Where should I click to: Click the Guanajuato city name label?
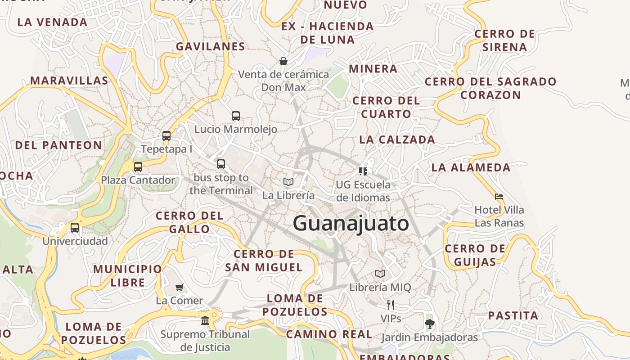tap(351, 223)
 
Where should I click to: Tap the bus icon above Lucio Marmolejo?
tap(236, 116)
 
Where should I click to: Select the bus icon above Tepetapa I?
tap(166, 135)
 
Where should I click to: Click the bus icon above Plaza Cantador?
tap(138, 167)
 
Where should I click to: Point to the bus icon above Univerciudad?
tap(75, 228)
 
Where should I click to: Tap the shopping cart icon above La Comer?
tap(180, 287)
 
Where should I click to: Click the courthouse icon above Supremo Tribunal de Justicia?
tap(205, 321)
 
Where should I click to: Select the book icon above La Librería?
tap(288, 182)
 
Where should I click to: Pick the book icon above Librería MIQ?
tap(380, 274)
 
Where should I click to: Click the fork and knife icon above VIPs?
tap(391, 305)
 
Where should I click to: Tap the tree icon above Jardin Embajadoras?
tap(430, 324)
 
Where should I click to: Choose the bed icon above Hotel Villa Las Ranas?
tap(499, 197)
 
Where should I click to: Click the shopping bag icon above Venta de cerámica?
tap(283, 61)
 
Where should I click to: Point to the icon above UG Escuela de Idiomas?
tap(363, 171)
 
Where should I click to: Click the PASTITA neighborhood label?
tap(513, 315)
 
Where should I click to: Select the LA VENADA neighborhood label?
tap(52, 22)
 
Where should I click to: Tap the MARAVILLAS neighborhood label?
tap(69, 81)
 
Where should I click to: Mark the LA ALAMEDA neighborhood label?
tap(471, 167)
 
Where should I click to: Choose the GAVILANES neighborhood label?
tap(211, 46)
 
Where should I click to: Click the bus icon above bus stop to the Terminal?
tap(220, 164)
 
